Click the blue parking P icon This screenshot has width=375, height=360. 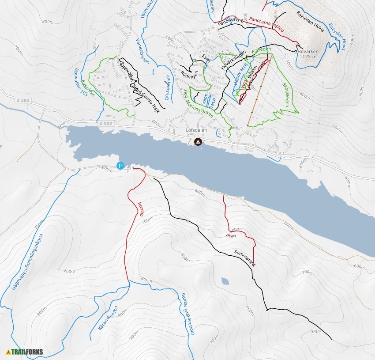(x=120, y=166)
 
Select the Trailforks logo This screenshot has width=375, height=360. (x=24, y=352)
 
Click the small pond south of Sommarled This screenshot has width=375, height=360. (x=225, y=281)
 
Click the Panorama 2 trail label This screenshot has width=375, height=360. (x=231, y=21)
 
